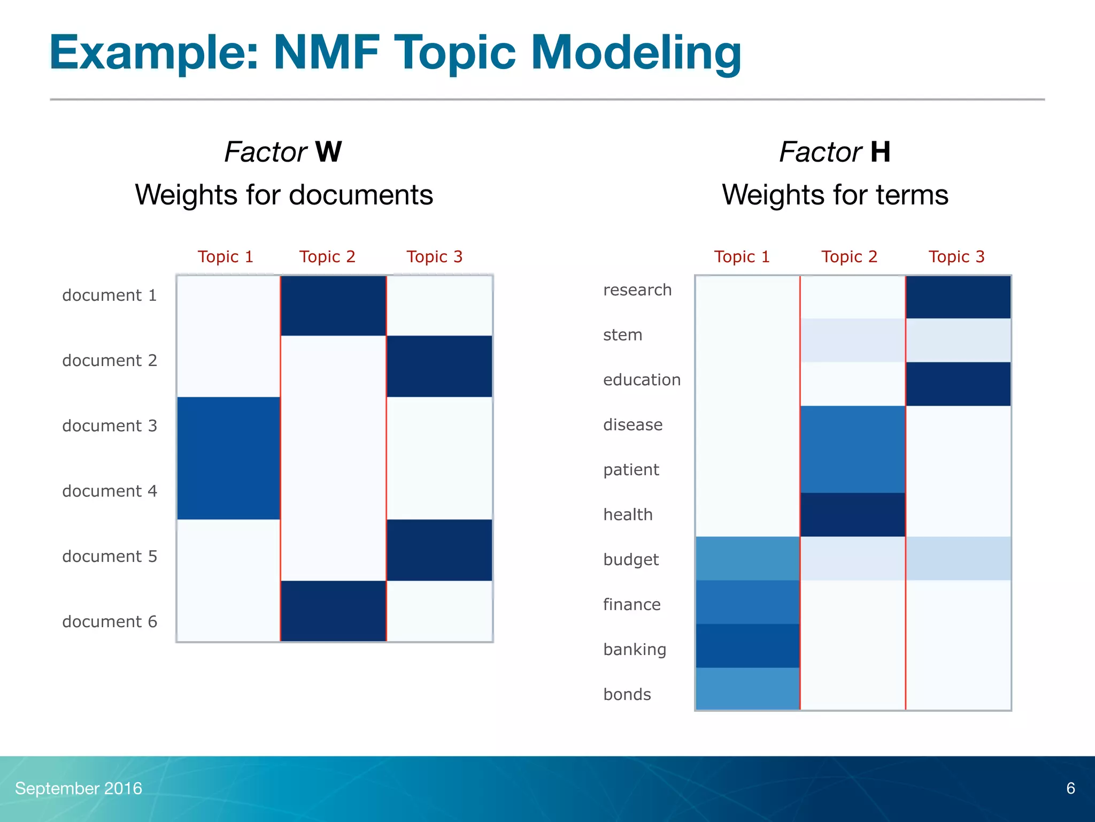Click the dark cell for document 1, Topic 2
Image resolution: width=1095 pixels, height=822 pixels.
point(333,306)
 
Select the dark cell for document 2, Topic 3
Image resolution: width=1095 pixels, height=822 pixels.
point(439,367)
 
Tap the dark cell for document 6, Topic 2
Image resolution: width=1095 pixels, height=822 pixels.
point(333,611)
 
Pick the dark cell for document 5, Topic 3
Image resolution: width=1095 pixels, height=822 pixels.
point(439,550)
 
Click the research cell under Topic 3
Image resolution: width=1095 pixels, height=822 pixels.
point(958,298)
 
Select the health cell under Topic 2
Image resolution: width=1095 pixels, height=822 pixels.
point(853,515)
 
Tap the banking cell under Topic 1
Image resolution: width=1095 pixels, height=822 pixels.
point(747,646)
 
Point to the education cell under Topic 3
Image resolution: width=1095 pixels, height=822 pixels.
point(958,384)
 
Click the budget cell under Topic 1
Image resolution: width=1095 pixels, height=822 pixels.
point(747,559)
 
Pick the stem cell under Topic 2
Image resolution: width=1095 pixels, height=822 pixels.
point(853,340)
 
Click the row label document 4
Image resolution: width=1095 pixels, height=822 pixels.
point(110,491)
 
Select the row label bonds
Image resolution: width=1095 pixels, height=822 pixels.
point(627,694)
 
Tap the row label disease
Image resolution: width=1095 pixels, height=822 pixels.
point(633,424)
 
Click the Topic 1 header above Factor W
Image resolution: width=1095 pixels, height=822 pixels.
point(225,257)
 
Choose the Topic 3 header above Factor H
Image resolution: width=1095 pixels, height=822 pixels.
point(956,257)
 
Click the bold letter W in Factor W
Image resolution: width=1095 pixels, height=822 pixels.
point(328,152)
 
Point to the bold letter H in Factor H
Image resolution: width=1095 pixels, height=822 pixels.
point(880,152)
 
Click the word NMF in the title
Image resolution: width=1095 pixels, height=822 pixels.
point(326,52)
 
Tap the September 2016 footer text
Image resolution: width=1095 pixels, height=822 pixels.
point(79,788)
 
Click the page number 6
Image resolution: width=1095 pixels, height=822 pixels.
point(1070,788)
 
